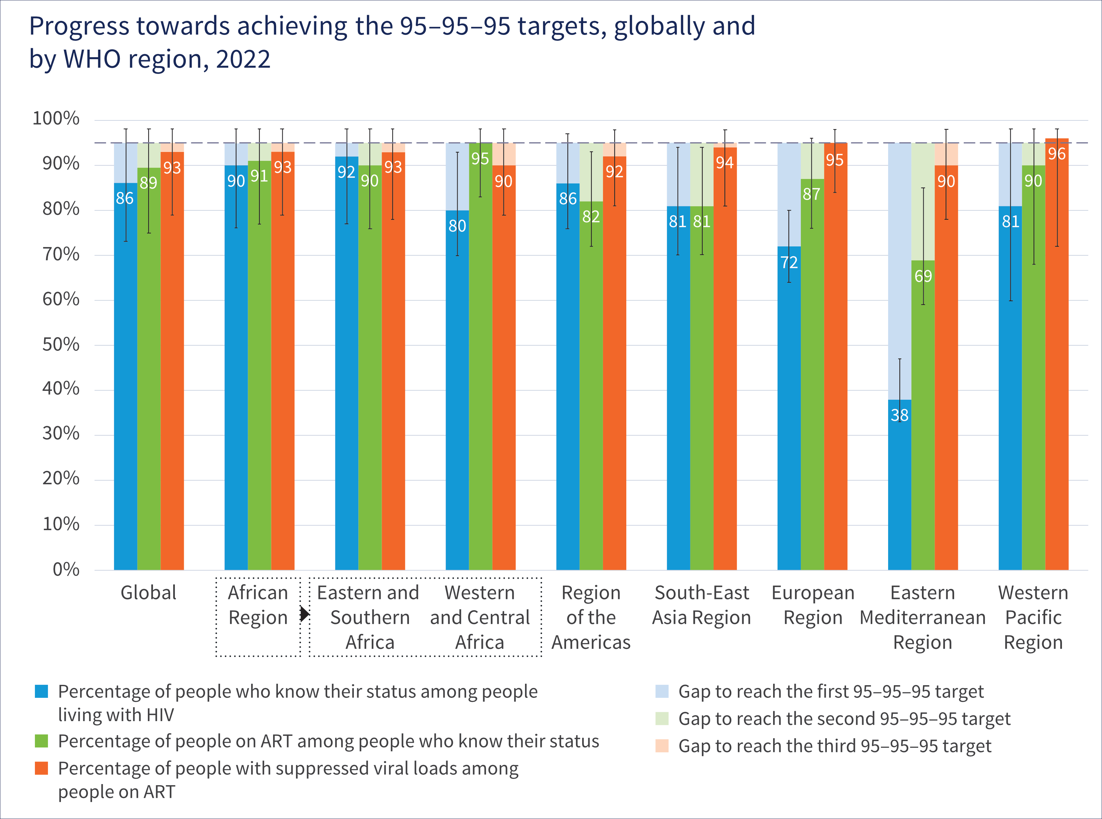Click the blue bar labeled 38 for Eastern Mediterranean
[x=899, y=486]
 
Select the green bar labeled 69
[x=923, y=417]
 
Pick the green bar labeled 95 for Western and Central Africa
[x=480, y=357]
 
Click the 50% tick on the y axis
[x=61, y=345]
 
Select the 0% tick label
[x=66, y=569]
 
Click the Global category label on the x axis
[x=148, y=593]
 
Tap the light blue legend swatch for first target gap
[x=662, y=691]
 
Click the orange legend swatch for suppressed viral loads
[x=41, y=768]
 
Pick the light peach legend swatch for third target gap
[x=662, y=746]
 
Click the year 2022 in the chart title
[x=243, y=60]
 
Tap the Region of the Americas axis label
[x=591, y=617]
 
